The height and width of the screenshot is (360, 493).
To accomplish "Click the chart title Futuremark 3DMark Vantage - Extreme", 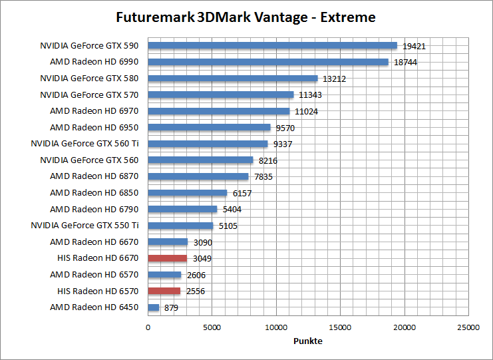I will [246, 17].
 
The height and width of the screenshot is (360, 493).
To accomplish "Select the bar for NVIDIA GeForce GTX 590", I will [272, 46].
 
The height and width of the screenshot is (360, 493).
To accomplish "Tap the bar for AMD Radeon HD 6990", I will [268, 62].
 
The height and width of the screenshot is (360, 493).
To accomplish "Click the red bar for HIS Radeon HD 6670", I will [168, 258].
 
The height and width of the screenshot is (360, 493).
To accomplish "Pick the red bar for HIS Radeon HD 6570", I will [164, 291].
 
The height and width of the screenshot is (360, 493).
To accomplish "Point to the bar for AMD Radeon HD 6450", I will [154, 307].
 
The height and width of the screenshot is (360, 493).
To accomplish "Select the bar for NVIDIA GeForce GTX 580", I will [233, 79].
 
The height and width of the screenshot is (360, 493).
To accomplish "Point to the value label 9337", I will [282, 144].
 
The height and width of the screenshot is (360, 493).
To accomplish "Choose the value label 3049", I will [202, 259].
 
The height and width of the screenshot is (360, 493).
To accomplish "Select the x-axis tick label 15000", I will [341, 328].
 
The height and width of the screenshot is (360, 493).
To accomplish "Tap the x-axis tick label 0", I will [148, 328].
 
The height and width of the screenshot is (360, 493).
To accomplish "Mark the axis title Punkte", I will [308, 341].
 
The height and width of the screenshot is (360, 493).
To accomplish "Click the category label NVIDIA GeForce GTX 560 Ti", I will [84, 144].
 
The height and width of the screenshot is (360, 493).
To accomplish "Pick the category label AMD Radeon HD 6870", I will [94, 176].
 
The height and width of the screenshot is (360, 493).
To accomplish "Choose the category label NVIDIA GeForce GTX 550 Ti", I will [84, 226].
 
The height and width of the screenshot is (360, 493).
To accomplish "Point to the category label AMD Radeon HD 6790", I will [94, 209].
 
